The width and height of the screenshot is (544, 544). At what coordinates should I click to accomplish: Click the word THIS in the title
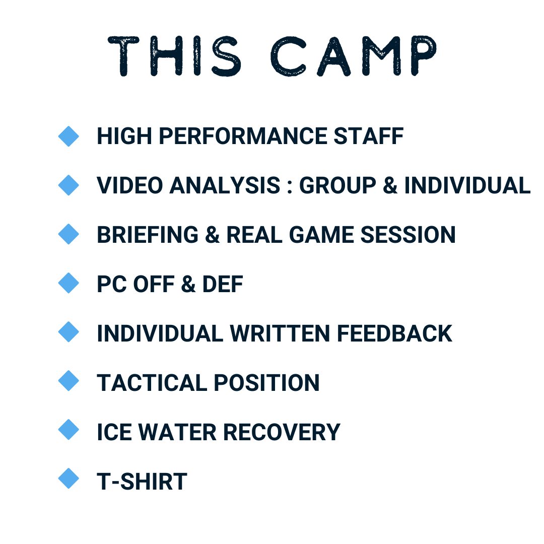[174, 56]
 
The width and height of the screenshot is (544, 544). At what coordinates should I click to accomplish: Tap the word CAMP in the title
[354, 56]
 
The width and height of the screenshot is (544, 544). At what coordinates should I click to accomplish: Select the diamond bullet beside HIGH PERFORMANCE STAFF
[69, 137]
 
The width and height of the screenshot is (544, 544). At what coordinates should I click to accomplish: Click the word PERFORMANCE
[243, 136]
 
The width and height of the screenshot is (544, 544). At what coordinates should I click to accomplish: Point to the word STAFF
[368, 136]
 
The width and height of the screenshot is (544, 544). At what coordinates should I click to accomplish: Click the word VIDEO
[130, 185]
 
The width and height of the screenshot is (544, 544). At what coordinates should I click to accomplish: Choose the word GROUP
[337, 185]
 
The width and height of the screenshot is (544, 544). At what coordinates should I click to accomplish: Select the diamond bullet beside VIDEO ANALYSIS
[69, 185]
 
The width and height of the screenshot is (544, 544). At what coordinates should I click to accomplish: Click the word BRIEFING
[148, 235]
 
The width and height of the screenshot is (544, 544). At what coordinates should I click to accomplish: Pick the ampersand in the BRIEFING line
[213, 235]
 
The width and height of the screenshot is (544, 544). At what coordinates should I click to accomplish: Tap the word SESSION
[408, 235]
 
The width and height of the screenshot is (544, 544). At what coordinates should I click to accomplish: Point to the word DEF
[223, 284]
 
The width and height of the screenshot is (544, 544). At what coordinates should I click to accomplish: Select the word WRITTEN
[280, 334]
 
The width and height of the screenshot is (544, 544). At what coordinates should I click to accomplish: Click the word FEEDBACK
[394, 334]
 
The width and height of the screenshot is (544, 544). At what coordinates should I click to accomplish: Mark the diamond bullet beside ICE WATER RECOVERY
[69, 430]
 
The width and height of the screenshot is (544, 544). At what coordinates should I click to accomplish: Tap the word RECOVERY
[282, 432]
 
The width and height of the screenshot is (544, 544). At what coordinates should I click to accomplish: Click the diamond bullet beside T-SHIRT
[69, 479]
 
